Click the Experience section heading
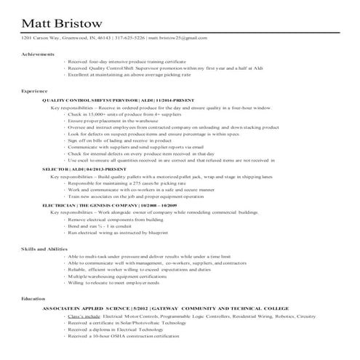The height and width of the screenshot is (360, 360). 35,90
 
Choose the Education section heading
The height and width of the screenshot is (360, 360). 33,298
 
